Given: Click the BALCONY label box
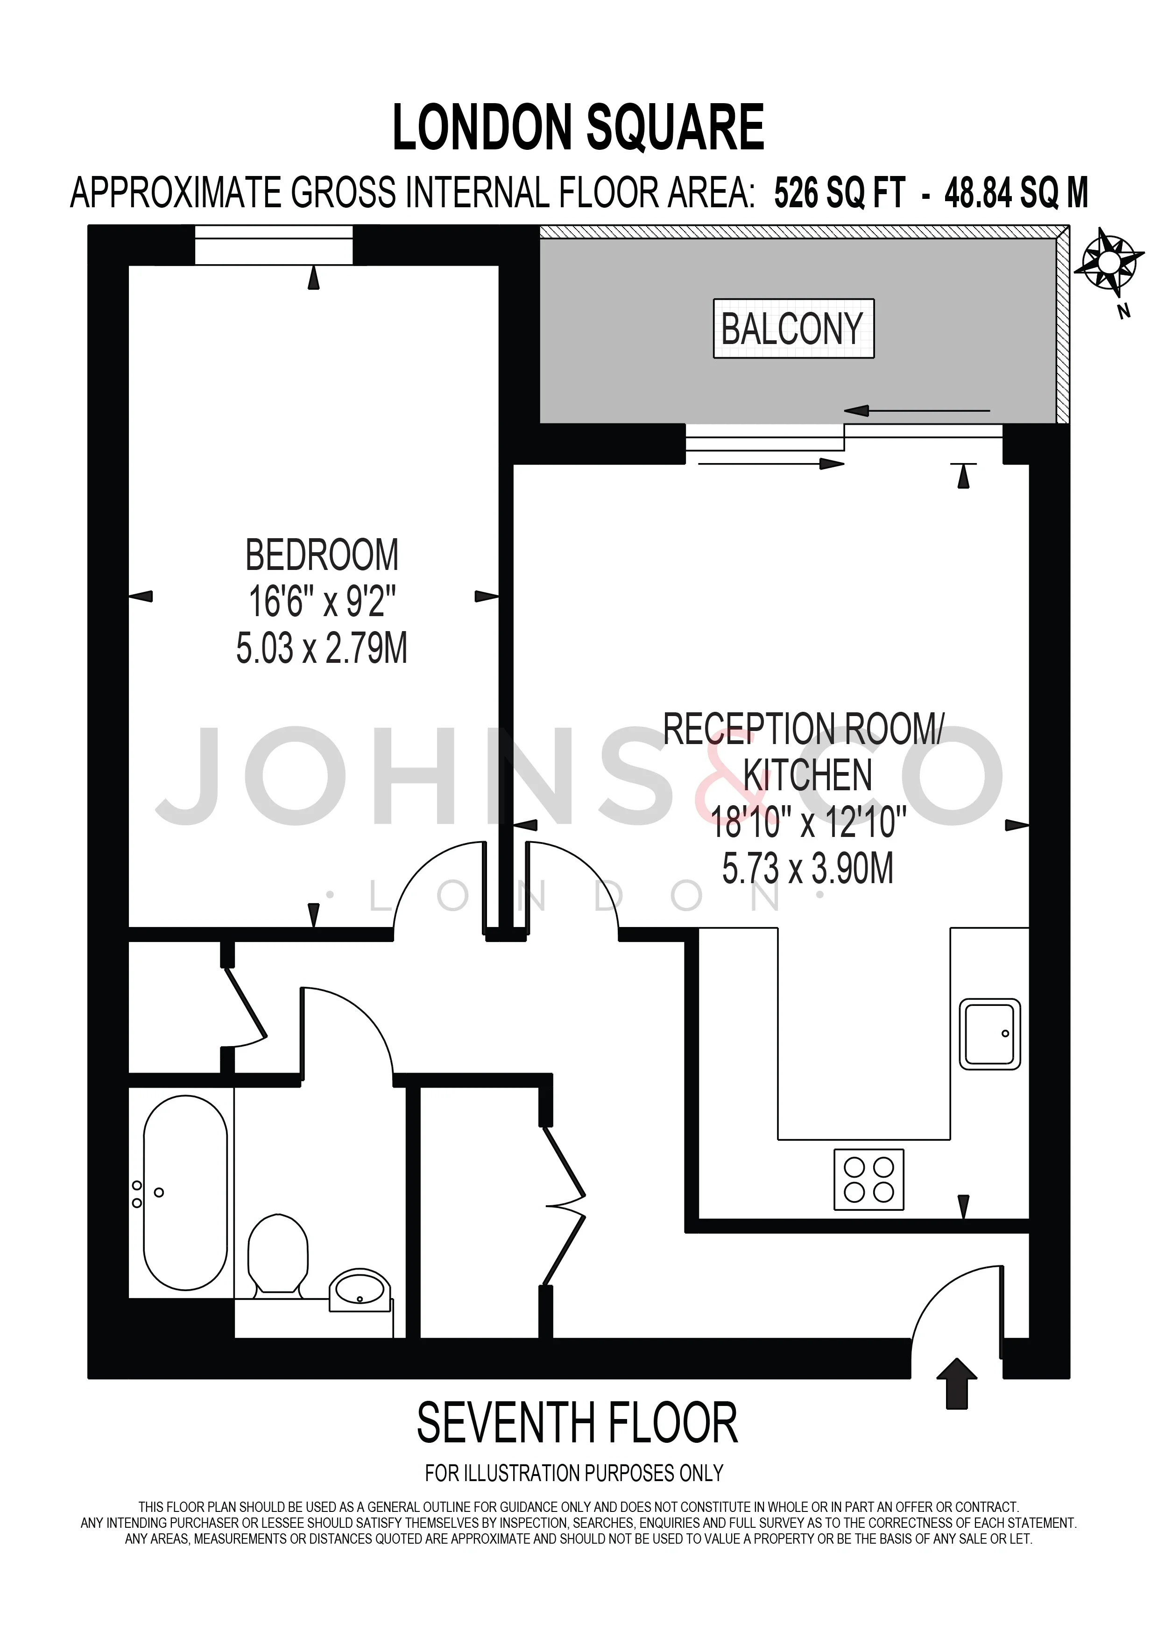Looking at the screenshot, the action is (x=794, y=328).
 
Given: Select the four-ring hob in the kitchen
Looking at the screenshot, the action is (x=868, y=1179).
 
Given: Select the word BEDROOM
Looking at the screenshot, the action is (x=322, y=555).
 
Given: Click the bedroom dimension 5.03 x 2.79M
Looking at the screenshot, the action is (x=322, y=649).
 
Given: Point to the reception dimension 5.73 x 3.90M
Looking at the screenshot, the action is (x=808, y=869).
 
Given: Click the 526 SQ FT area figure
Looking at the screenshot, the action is (x=840, y=193).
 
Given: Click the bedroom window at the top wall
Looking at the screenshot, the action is (x=274, y=245).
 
